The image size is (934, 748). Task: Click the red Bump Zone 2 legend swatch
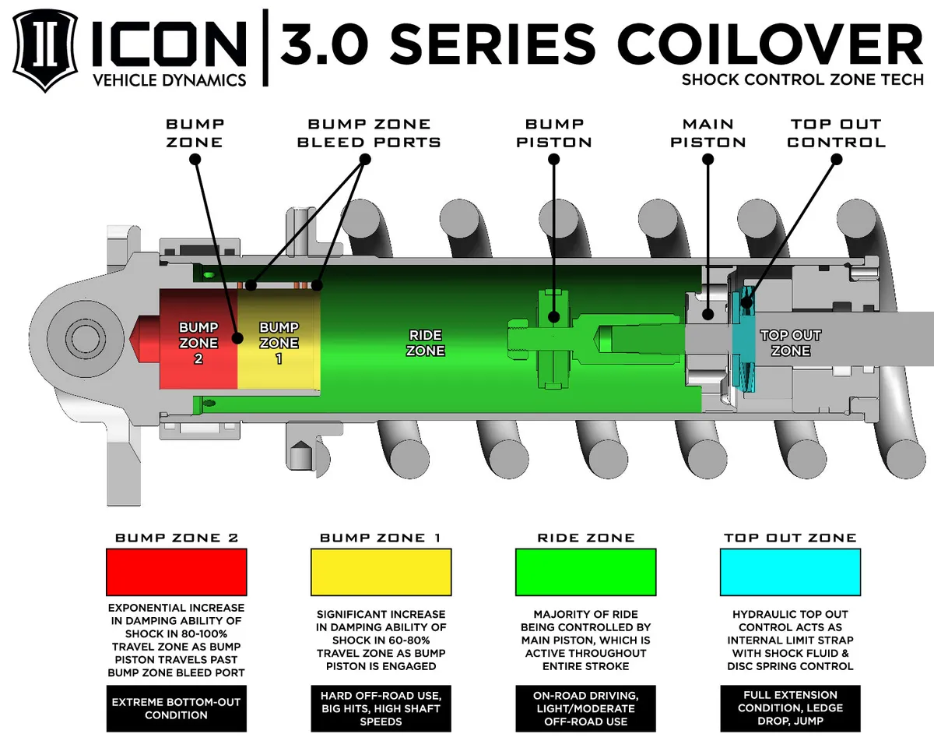coord(176,572)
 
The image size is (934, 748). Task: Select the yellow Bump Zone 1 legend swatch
coord(381,572)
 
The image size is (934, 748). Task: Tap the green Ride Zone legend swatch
coord(585,572)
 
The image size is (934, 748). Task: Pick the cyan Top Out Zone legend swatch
coord(790,572)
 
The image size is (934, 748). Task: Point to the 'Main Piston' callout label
coord(708,132)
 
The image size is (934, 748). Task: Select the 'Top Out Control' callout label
coord(836,132)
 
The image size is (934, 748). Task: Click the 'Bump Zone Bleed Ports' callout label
coord(369,132)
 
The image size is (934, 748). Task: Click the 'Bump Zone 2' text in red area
coord(198,343)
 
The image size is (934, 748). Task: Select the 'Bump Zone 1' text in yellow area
coord(279,343)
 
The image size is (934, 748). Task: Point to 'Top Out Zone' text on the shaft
coord(790,343)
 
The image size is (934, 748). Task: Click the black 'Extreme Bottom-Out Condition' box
coord(176,707)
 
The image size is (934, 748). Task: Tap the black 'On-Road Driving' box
coord(585,707)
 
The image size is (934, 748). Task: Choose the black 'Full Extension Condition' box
coord(790,707)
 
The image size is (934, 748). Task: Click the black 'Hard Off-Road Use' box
coord(381,707)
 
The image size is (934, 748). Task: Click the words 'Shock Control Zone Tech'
coord(802,79)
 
